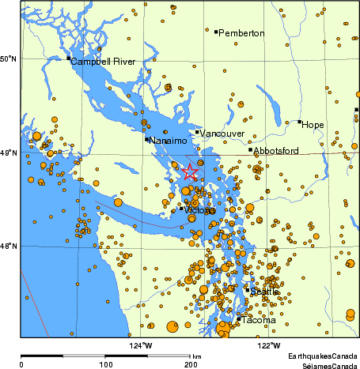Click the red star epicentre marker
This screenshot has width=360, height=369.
click(x=190, y=171)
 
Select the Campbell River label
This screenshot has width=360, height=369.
click(x=103, y=62)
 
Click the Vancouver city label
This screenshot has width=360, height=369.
click(x=222, y=135)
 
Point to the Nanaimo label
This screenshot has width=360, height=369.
click(x=168, y=141)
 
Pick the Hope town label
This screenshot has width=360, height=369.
click(x=313, y=125)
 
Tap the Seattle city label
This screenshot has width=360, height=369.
click(x=265, y=292)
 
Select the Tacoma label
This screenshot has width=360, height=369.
click(x=260, y=320)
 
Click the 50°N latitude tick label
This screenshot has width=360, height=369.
click(x=9, y=59)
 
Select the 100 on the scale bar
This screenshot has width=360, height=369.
click(x=104, y=364)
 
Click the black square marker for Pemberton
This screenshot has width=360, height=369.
click(x=215, y=32)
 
